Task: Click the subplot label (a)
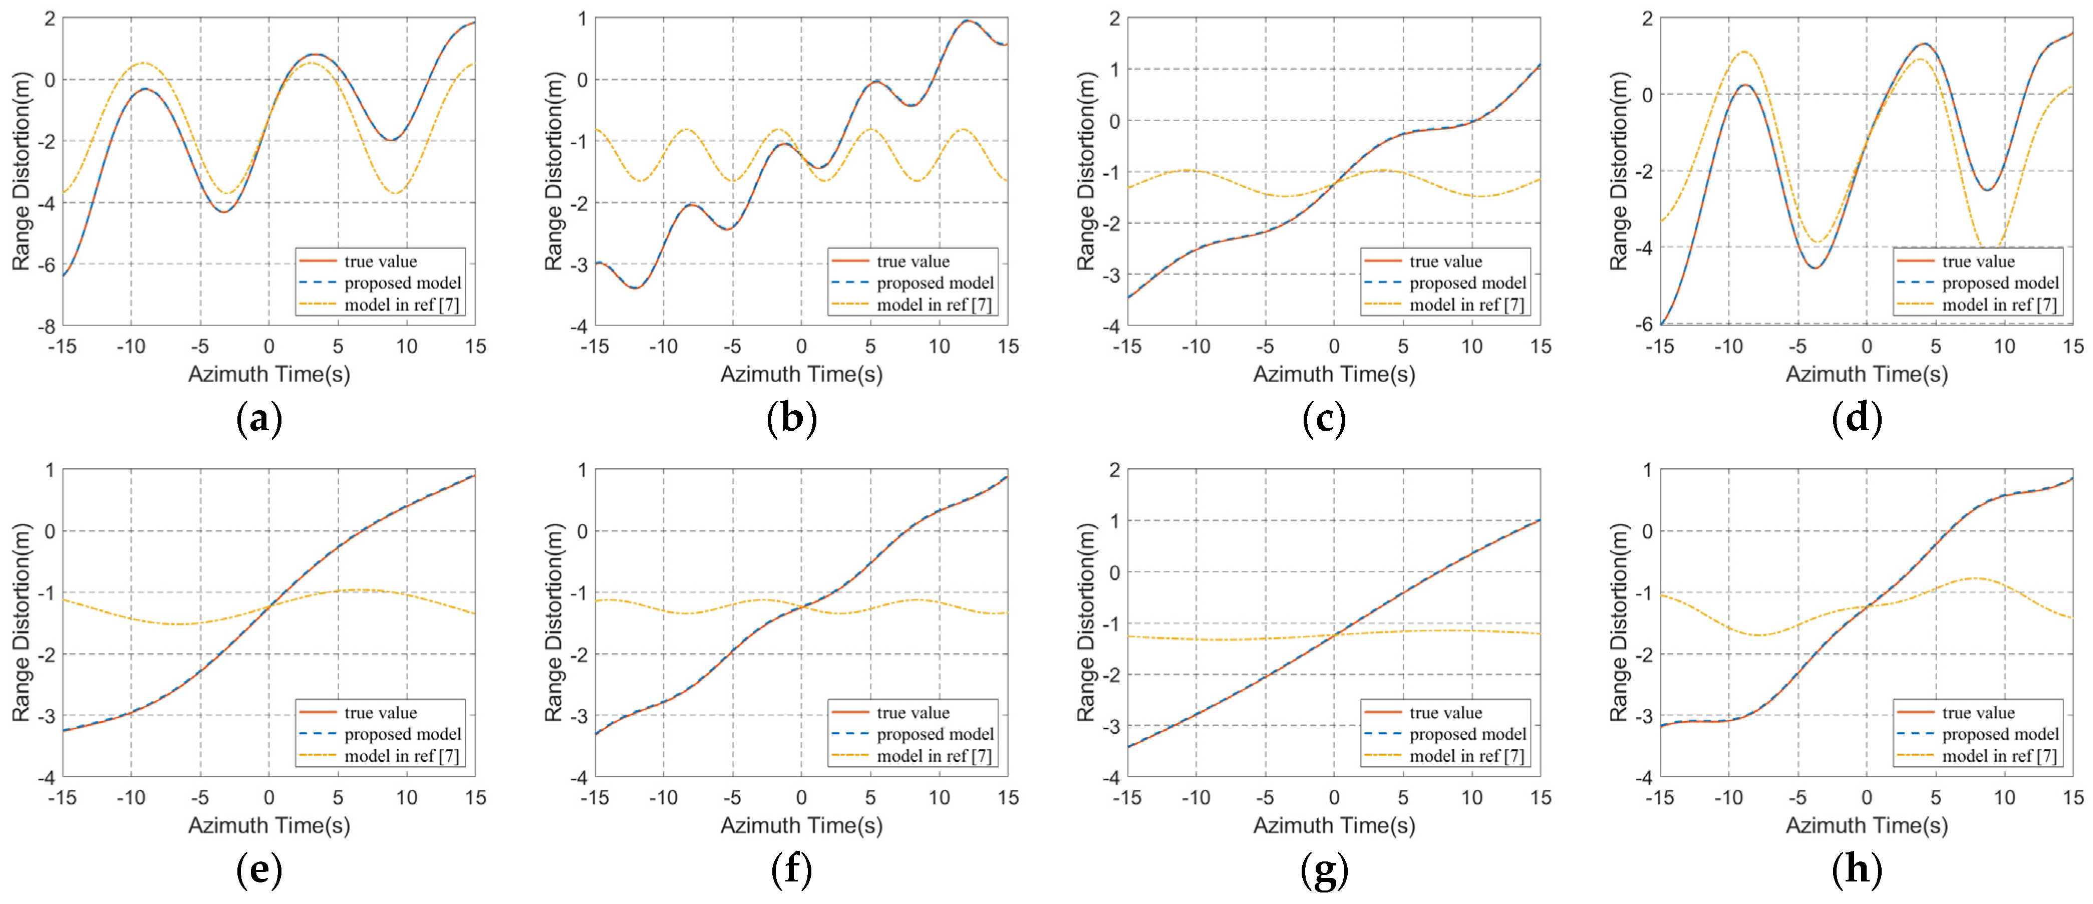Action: pos(259,419)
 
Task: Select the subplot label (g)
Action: pos(1324,871)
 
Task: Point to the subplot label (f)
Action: pos(791,871)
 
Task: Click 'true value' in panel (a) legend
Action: pos(380,261)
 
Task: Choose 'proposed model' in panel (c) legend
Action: pos(1467,282)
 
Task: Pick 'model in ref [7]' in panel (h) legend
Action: pos(1999,756)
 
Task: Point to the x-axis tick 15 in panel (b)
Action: pos(1008,347)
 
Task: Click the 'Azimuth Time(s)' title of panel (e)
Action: pos(269,825)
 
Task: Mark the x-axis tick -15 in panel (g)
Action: pos(1127,798)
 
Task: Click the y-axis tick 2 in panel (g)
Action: pos(1114,469)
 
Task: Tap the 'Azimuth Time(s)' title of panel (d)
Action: pos(1866,375)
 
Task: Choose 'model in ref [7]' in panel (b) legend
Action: pos(935,305)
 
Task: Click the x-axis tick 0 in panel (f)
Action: pos(801,798)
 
